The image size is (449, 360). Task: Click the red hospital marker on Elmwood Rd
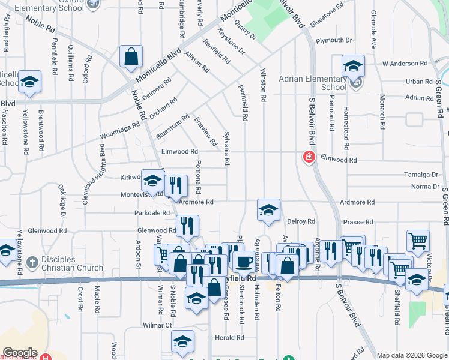coord(309,157)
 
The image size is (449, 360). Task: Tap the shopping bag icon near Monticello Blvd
coord(131,58)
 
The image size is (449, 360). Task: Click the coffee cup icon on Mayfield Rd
coord(244,262)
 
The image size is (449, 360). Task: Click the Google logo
coord(20,353)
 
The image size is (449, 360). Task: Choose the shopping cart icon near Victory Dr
coord(418,241)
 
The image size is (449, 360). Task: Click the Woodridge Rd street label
coord(119,134)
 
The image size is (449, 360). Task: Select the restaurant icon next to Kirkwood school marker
coord(175,185)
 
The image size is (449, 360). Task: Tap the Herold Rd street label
coord(231,338)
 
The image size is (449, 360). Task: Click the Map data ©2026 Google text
coord(411,355)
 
